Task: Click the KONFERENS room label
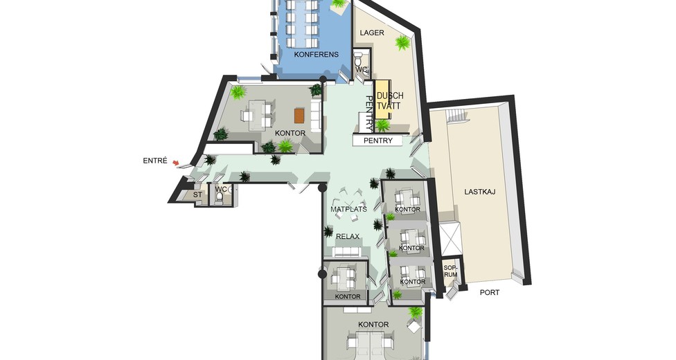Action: pos(316,55)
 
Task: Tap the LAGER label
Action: pos(372,33)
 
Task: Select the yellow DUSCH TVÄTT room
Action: pos(382,100)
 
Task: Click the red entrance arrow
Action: pos(175,163)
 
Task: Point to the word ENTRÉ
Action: pos(154,161)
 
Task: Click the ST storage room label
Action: pos(197,195)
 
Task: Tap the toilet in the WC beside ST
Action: pos(220,197)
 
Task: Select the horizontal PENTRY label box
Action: pos(377,141)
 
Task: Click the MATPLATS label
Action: pos(349,210)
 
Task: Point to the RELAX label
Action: pos(348,236)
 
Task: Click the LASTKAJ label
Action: pos(480,192)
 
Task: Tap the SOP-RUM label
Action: pos(450,271)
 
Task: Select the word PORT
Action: pos(490,292)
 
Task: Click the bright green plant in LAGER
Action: pos(402,42)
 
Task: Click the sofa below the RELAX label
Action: pos(346,252)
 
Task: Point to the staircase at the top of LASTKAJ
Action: pos(456,116)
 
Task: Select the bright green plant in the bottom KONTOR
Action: pos(416,312)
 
